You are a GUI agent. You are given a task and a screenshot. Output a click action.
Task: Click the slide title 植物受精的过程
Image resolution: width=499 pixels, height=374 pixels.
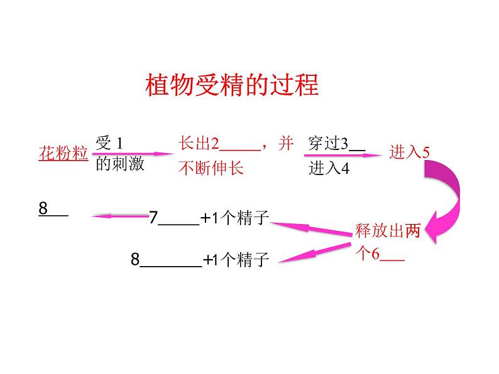coord(232,85)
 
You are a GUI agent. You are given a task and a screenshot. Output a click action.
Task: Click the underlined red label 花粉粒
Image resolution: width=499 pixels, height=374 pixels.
coord(63,153)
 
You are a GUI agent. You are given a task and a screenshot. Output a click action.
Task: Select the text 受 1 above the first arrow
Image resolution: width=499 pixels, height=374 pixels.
coord(111,143)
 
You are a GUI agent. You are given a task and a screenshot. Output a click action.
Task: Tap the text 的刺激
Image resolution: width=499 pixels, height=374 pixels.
coord(120,164)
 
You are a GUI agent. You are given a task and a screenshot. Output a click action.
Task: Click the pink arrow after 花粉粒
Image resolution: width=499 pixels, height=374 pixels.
coord(133,154)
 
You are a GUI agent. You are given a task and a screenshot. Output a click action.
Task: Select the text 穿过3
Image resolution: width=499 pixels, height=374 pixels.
coord(328,144)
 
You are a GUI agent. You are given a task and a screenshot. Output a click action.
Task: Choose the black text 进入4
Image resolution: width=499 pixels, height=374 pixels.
coord(328,169)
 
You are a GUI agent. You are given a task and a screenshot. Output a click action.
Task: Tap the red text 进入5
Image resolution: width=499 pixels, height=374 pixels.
coord(409,152)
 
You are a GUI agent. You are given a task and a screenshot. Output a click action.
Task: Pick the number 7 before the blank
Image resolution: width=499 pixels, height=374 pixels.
coord(153,218)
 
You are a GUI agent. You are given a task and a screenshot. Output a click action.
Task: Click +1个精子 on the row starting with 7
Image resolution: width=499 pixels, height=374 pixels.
coord(234,218)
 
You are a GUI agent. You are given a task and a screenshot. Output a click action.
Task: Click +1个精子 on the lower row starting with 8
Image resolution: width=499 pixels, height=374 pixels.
coord(236,260)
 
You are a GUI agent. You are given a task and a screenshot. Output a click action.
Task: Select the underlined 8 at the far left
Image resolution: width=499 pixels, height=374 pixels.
coord(43,209)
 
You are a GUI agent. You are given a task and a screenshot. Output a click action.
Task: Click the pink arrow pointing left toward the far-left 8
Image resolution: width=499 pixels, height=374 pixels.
coord(119,217)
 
